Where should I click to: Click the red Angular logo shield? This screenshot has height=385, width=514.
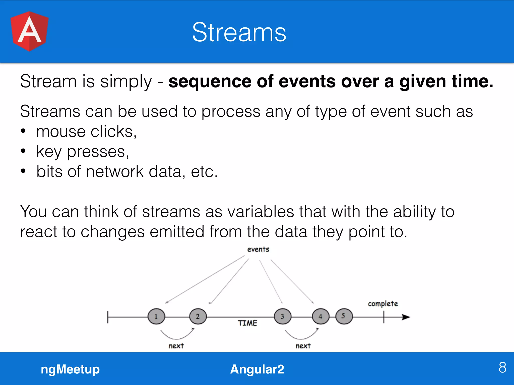29,31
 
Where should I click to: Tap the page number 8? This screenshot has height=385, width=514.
502,367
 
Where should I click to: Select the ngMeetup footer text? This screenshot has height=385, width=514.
70,369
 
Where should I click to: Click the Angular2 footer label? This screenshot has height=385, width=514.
257,369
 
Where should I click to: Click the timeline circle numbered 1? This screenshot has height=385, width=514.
156,316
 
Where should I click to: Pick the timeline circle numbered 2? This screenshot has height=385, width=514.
198,316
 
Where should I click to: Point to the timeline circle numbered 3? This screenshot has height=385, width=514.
283,316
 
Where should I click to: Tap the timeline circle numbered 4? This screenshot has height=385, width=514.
320,316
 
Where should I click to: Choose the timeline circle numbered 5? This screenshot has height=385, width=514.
344,316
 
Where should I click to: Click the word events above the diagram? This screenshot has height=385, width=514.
258,249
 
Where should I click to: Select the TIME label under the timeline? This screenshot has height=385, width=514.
247,323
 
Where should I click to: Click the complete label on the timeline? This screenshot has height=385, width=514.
383,304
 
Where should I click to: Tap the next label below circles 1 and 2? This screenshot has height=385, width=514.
176,346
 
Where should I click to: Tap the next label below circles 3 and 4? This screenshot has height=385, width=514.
303,346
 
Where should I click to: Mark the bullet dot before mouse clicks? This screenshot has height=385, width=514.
23,131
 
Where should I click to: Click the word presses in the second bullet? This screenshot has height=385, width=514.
98,152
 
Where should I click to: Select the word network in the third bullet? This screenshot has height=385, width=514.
115,172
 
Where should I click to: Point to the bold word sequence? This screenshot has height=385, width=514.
210,82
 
